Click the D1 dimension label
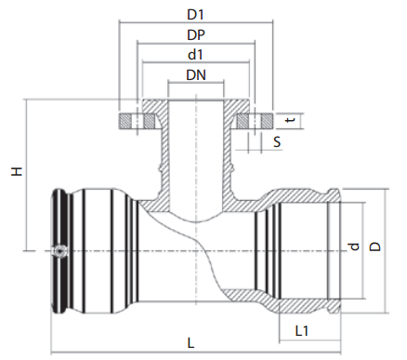(x=195, y=14)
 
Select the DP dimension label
(x=196, y=35)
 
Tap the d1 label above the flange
(x=195, y=55)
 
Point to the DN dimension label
(x=196, y=75)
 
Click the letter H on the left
(x=17, y=171)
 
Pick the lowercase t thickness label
(x=290, y=120)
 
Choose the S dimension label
(x=277, y=142)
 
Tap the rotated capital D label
(x=375, y=247)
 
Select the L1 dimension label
(x=302, y=331)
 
